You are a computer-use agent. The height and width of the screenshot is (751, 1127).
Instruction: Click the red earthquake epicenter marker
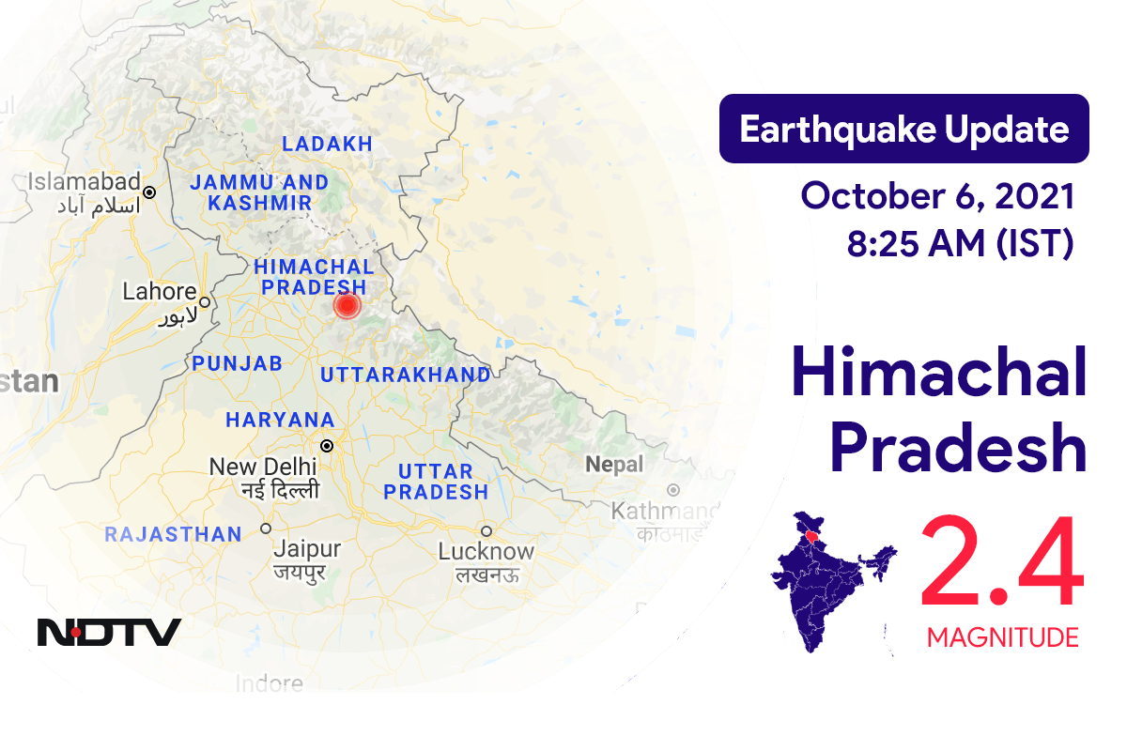pos(347,305)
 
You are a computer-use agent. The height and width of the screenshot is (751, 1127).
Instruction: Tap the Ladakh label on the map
pos(328,145)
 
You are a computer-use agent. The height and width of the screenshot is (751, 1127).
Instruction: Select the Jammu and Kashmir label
pos(259,192)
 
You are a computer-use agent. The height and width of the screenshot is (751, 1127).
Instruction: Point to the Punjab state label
pos(238,364)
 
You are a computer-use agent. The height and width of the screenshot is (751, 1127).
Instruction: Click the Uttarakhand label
pos(405,375)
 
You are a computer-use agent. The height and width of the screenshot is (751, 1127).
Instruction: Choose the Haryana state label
pos(280,420)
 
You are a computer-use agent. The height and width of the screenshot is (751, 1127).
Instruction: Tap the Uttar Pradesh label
pos(436,481)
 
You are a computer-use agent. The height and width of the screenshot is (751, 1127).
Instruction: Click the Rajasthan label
pos(173,535)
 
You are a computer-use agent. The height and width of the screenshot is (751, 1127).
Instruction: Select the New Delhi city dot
pos(327,446)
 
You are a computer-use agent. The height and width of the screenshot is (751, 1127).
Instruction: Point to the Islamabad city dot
pos(148,191)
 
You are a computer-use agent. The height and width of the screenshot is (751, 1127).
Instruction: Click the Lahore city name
pos(160,292)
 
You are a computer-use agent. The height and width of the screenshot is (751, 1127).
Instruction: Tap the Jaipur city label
pos(306,549)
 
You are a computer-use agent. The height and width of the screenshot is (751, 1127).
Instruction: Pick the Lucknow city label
pos(486,552)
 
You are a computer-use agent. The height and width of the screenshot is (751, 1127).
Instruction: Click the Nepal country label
pos(614,465)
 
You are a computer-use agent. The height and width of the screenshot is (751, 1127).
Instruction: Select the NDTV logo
pos(109,632)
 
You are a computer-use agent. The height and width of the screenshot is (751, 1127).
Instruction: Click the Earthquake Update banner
pos(903,129)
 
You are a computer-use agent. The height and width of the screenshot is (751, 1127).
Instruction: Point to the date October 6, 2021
pos(937,197)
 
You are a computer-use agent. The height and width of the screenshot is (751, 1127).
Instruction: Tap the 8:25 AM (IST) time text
pos(960,243)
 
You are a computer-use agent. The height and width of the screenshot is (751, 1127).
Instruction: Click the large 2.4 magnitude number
pos(1001,566)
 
